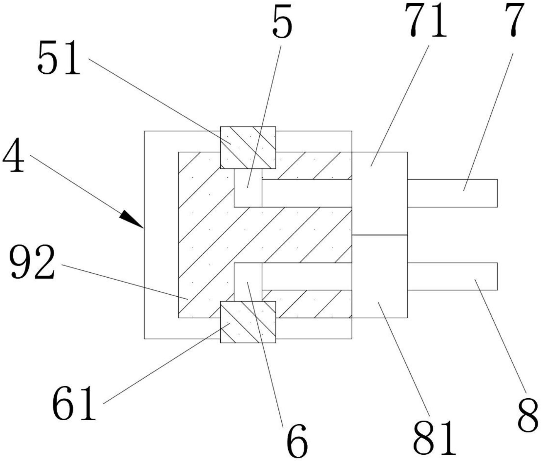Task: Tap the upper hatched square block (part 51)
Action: click(248, 148)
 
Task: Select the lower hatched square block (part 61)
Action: click(248, 322)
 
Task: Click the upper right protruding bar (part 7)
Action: click(452, 193)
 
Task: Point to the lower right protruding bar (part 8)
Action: click(452, 276)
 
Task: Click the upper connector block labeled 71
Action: click(379, 193)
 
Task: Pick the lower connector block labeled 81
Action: click(379, 276)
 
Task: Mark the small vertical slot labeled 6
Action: click(248, 282)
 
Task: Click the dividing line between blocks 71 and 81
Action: click(379, 235)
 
